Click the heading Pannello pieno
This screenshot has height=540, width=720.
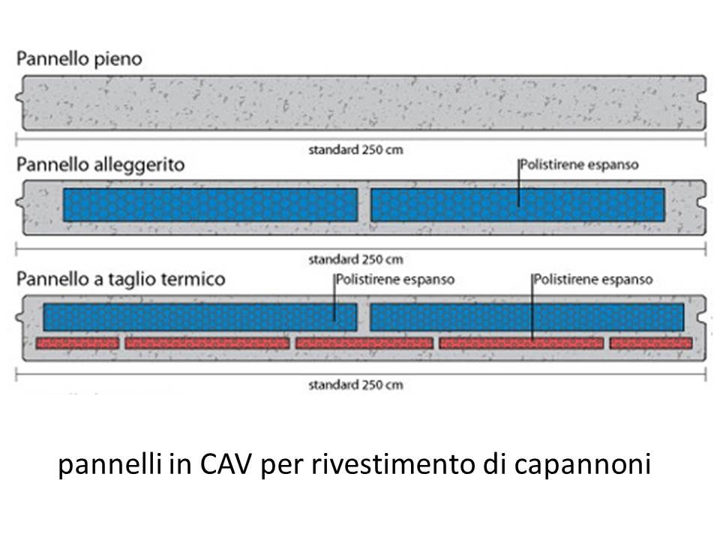(x=79, y=58)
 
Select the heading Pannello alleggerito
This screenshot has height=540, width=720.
(x=100, y=165)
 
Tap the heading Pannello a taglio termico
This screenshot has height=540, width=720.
(x=120, y=279)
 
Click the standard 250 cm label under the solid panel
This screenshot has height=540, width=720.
(x=355, y=149)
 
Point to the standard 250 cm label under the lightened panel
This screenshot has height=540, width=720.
(x=355, y=260)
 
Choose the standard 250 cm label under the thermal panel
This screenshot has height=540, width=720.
(x=355, y=385)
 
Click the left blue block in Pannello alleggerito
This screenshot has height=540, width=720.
(x=210, y=205)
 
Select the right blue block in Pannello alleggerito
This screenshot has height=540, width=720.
(x=517, y=205)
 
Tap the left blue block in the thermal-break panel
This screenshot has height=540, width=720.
(x=199, y=317)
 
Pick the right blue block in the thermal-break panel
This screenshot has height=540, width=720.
(x=526, y=317)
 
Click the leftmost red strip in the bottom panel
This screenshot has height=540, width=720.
(x=78, y=343)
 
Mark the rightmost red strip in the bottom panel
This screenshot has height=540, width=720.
(x=650, y=343)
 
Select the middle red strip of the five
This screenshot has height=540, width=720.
(x=364, y=343)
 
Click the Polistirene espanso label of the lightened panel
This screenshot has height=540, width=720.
(x=579, y=165)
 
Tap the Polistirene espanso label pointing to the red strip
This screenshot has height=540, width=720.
(x=593, y=280)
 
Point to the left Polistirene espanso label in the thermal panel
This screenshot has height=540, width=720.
(x=394, y=280)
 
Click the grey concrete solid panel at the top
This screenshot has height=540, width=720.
(x=360, y=103)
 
